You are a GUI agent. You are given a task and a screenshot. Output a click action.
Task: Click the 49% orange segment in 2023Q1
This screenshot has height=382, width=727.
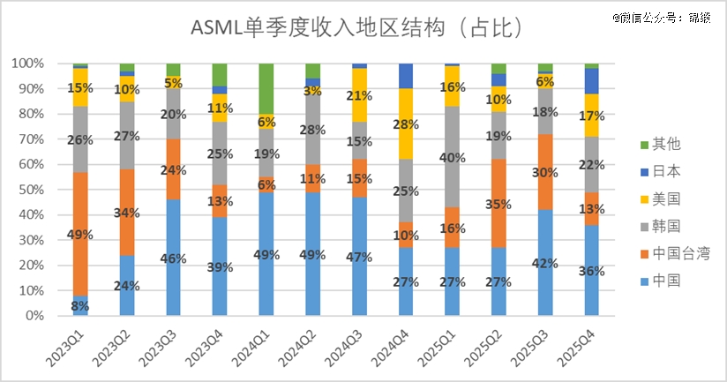click(x=80, y=234)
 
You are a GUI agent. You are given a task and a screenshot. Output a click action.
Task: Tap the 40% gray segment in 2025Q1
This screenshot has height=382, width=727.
click(x=453, y=157)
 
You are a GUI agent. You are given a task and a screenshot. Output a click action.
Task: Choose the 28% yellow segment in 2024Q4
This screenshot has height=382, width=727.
click(x=406, y=124)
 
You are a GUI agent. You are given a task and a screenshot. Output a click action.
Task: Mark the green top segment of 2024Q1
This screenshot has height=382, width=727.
click(x=266, y=88)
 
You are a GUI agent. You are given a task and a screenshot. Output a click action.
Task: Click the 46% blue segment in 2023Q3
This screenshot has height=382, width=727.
click(x=173, y=258)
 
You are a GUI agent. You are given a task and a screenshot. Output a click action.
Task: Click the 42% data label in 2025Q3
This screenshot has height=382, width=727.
click(x=546, y=262)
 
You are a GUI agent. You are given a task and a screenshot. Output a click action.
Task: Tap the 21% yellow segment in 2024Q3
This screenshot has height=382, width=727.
click(x=359, y=95)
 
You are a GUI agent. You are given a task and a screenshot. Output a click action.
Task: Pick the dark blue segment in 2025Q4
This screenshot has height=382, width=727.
click(x=592, y=80)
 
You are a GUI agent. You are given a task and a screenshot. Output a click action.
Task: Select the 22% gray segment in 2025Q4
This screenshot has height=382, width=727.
click(x=592, y=164)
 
